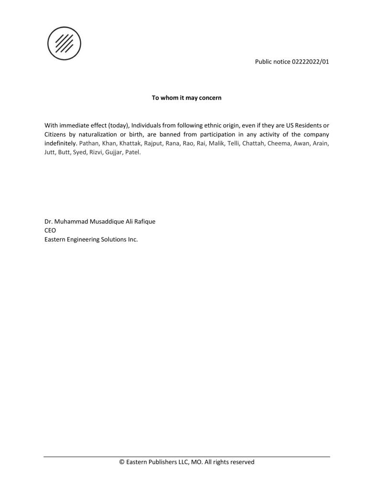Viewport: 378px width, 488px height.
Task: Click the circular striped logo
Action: (x=64, y=42)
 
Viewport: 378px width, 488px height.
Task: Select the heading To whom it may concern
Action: (x=186, y=98)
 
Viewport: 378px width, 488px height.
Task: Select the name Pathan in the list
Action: (x=89, y=143)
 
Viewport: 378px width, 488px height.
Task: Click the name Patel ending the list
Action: (x=133, y=152)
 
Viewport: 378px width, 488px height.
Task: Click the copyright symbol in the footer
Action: (x=122, y=462)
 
